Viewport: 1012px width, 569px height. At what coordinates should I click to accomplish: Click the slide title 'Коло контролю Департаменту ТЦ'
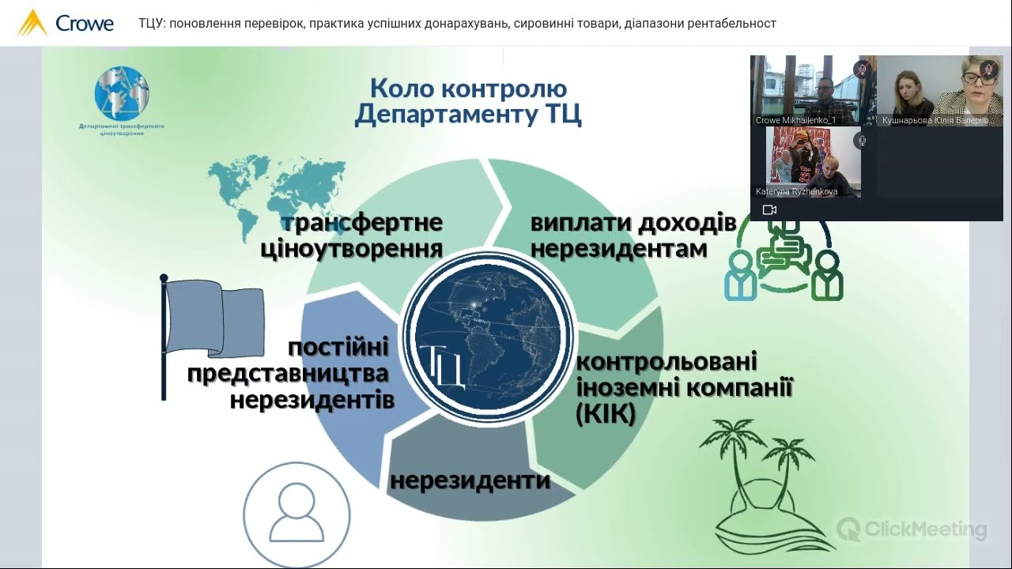point(468,101)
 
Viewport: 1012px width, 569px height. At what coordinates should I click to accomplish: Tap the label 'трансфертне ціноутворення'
point(352,236)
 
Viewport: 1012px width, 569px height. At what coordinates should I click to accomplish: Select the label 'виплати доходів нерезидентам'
point(633,236)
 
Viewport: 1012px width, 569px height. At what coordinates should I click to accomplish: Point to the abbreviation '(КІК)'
point(606,414)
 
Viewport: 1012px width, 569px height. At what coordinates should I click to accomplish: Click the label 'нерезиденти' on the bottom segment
point(470,480)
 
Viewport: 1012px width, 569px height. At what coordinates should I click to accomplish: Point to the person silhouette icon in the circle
point(296,514)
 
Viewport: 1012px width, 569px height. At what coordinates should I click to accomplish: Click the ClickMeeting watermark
point(912,529)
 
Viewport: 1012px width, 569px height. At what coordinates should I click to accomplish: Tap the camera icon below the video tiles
point(769,209)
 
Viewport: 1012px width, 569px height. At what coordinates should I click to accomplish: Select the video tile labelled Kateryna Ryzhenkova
point(806,162)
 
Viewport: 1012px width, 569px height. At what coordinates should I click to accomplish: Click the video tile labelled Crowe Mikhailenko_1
point(813,91)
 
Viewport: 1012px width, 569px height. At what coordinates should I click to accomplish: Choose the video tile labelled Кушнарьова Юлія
point(940,91)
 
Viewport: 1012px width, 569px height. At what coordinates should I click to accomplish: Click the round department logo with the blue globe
point(122,94)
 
